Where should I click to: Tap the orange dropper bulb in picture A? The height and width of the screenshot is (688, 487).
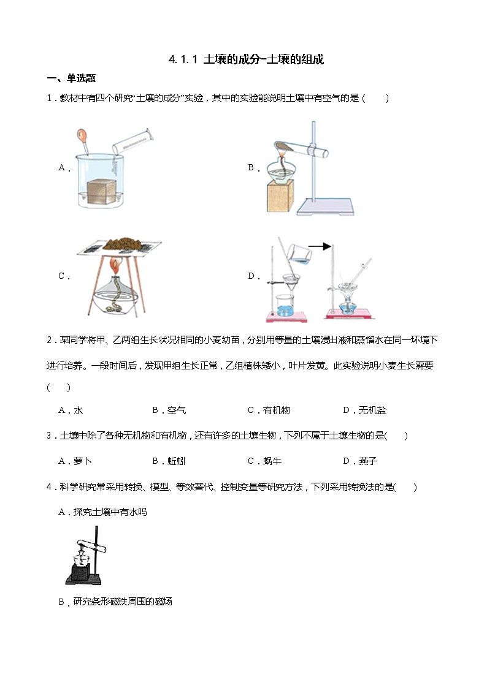tap(82, 133)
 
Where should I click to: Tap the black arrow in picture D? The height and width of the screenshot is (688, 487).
tap(319, 246)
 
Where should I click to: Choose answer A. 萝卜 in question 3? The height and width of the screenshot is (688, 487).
tap(75, 461)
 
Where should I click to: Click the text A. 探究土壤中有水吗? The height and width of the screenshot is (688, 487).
tap(102, 512)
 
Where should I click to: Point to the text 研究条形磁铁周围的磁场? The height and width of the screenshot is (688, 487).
tap(122, 602)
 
